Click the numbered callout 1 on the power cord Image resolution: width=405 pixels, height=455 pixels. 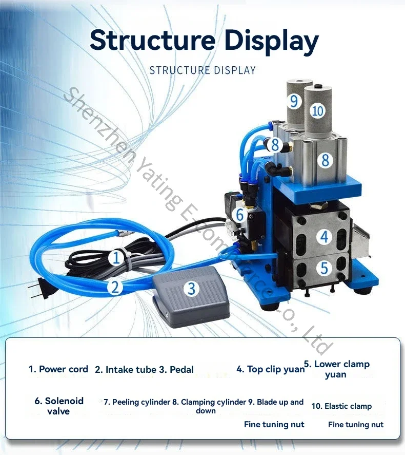point(116,257)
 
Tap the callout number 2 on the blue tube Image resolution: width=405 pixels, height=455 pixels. point(115,287)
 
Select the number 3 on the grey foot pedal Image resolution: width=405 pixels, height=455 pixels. point(191,288)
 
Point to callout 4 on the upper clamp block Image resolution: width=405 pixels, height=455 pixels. point(324,237)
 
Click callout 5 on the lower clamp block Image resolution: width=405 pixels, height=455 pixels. point(324,268)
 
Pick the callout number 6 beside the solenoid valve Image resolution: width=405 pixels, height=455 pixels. point(240,215)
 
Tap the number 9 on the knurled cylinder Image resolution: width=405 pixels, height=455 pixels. point(294,101)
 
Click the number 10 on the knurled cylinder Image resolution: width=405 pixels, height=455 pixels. point(318,110)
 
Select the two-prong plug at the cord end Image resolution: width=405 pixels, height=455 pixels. point(37,289)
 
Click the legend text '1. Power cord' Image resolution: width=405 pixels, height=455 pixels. point(58,369)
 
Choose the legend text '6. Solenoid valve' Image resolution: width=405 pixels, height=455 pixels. point(59,406)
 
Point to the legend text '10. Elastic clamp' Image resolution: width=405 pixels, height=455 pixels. point(341,406)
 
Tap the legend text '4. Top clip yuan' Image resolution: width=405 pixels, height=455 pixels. point(271,369)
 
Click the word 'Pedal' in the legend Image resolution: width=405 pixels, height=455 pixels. point(181,369)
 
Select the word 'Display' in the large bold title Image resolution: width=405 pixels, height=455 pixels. point(271,41)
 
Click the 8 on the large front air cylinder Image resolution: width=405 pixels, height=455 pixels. point(326,160)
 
